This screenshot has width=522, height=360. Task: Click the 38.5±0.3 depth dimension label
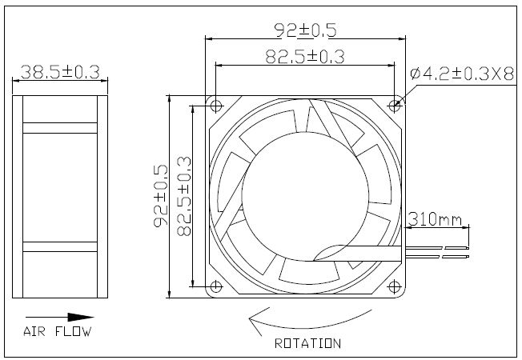click(60, 72)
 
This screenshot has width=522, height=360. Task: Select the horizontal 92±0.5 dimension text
click(305, 30)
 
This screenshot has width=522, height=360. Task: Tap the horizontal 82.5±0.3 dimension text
click(304, 57)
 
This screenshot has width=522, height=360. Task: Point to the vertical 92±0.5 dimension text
click(161, 196)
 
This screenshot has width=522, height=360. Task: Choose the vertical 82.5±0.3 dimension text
click(184, 196)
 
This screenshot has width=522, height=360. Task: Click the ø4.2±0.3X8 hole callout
click(462, 74)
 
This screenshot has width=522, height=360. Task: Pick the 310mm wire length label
click(435, 219)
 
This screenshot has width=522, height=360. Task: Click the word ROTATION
click(307, 343)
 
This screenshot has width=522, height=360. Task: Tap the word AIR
click(34, 331)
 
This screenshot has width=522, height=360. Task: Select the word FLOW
click(73, 331)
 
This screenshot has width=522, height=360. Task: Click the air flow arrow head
click(81, 318)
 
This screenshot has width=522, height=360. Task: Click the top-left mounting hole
click(216, 106)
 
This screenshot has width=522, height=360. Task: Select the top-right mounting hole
click(394, 106)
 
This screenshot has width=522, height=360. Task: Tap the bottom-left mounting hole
click(216, 286)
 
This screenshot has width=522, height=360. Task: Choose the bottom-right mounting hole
click(394, 286)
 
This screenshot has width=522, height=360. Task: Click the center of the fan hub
click(305, 196)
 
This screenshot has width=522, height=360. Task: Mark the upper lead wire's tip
click(468, 248)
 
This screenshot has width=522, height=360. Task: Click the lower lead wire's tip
click(468, 257)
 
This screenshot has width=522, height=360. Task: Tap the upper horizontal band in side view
click(60, 128)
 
